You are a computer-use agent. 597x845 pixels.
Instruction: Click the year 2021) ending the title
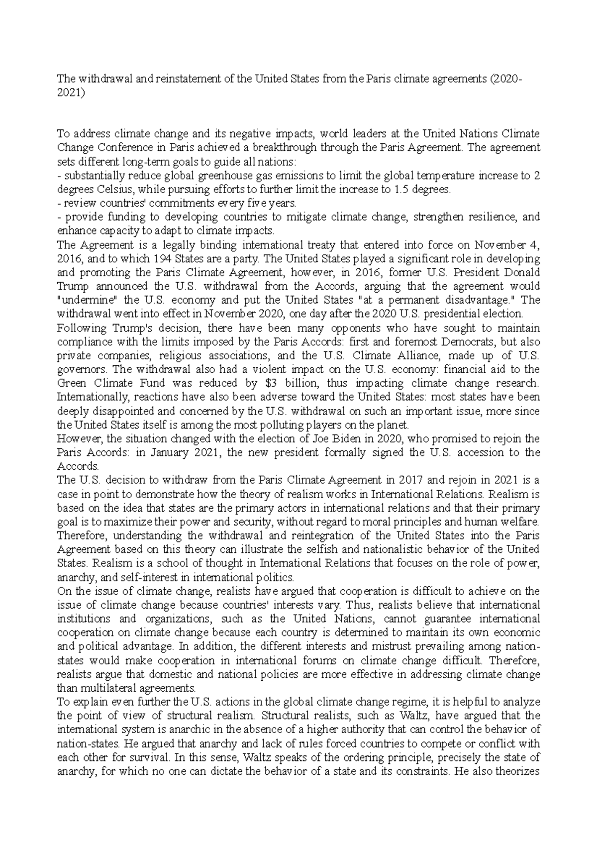tap(71, 93)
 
